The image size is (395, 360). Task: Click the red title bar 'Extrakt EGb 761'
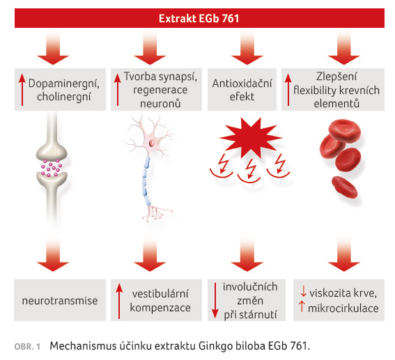coord(199,18)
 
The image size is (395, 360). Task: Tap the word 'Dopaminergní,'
coord(63,84)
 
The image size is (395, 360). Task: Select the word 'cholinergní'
coord(63,97)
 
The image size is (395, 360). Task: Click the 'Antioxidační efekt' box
coord(242,89)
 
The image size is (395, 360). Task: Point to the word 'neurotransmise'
coord(60,301)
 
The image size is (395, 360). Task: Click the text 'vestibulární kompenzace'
coord(160,301)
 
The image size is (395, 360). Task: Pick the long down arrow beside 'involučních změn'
coord(215,300)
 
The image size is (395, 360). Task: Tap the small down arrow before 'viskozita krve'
coord(303,292)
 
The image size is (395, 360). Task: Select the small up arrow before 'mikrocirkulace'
coord(302,307)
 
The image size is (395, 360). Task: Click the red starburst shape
coord(250,137)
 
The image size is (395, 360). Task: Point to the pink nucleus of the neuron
coord(152,143)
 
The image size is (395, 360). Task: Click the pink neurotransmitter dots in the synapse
coord(52,168)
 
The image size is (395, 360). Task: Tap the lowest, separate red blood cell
coord(344,187)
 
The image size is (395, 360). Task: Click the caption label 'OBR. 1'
coord(27,347)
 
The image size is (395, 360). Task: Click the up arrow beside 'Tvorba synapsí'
coord(118,89)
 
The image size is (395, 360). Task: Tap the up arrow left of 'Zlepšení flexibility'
coord(288,89)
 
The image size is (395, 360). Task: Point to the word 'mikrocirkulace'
coord(343,308)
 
